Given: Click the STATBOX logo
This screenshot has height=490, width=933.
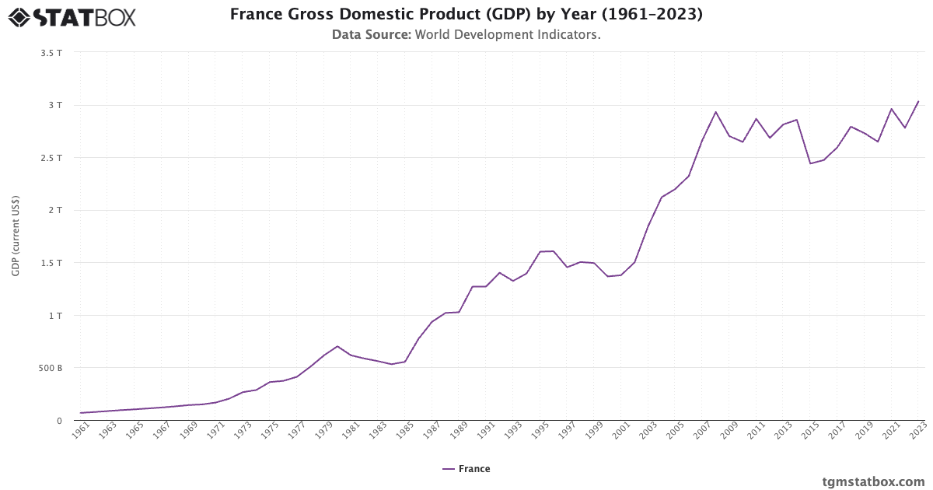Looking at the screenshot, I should click(x=72, y=17).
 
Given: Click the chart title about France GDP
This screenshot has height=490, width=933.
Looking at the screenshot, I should click(x=466, y=14).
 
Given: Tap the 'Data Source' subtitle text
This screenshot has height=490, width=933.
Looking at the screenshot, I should click(x=466, y=35).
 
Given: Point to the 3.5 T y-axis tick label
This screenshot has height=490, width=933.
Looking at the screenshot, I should click(x=53, y=53).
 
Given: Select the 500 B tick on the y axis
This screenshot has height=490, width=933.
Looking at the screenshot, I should click(x=51, y=368).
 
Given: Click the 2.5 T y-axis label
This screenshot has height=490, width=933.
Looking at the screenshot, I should click(x=53, y=158).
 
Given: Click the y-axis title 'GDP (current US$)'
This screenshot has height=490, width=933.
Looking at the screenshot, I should click(x=16, y=236).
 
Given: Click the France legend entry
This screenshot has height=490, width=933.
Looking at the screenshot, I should click(x=466, y=469).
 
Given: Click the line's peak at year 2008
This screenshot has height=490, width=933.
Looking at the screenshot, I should click(x=715, y=112).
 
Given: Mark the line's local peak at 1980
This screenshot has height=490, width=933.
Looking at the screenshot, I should click(x=337, y=346).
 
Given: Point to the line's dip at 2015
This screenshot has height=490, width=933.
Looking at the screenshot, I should click(x=810, y=163).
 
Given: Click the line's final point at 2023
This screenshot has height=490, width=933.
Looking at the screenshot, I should click(x=918, y=101).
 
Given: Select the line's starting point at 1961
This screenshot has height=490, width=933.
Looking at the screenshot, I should click(x=81, y=413).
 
